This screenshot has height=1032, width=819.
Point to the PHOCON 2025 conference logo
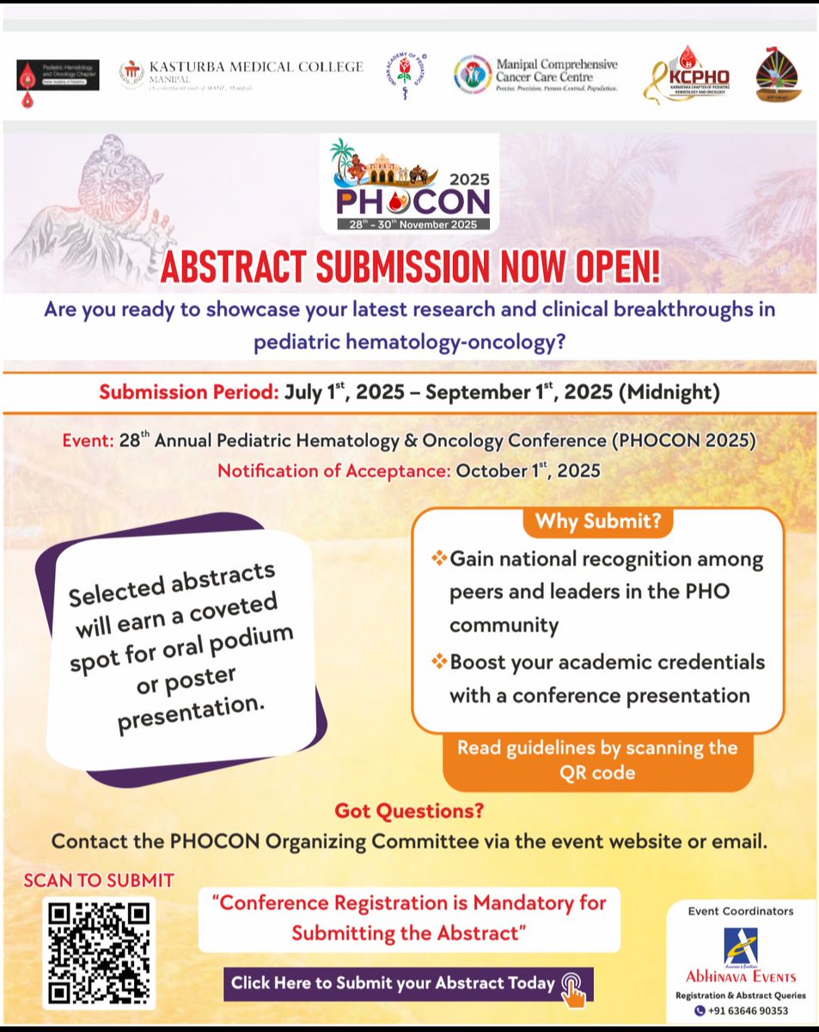click(x=409, y=183)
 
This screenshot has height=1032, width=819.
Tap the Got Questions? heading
click(x=409, y=810)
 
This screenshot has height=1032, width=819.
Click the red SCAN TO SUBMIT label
click(x=99, y=880)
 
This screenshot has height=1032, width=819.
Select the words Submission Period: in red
click(x=189, y=393)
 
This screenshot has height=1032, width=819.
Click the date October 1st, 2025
click(x=528, y=470)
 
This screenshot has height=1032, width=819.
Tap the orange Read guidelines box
click(x=596, y=759)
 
